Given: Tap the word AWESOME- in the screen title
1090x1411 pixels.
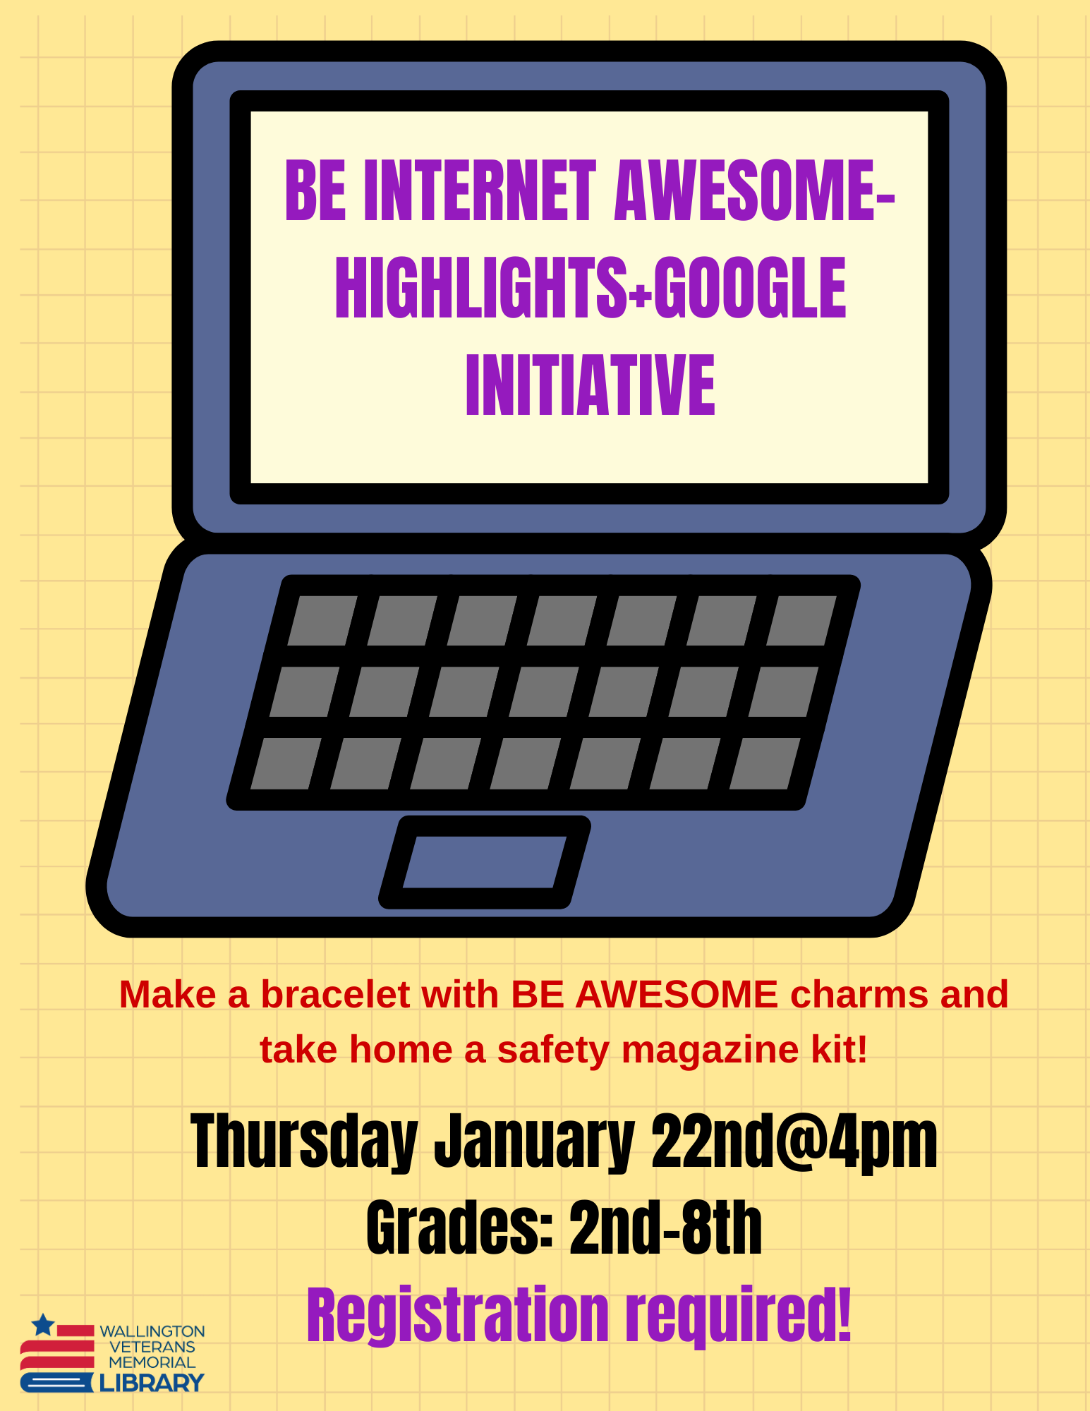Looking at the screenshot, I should pos(755,190).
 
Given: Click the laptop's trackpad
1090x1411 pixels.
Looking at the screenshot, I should pos(485,862).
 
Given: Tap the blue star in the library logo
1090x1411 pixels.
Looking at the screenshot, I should pos(44,1325).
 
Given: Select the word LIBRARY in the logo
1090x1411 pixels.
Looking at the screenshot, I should pos(152,1383).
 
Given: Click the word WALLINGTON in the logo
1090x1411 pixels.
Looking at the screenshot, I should pos(152,1331).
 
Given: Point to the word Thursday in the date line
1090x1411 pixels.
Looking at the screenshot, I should pos(304,1141).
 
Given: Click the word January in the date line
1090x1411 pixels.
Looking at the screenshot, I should pos(534,1141).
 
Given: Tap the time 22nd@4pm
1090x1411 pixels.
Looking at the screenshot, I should pos(794,1141).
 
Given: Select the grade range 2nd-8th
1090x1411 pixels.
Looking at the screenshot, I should pos(665,1229).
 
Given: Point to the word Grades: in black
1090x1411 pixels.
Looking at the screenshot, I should pos(459,1229).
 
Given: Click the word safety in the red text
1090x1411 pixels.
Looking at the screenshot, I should pos(553,1050).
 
